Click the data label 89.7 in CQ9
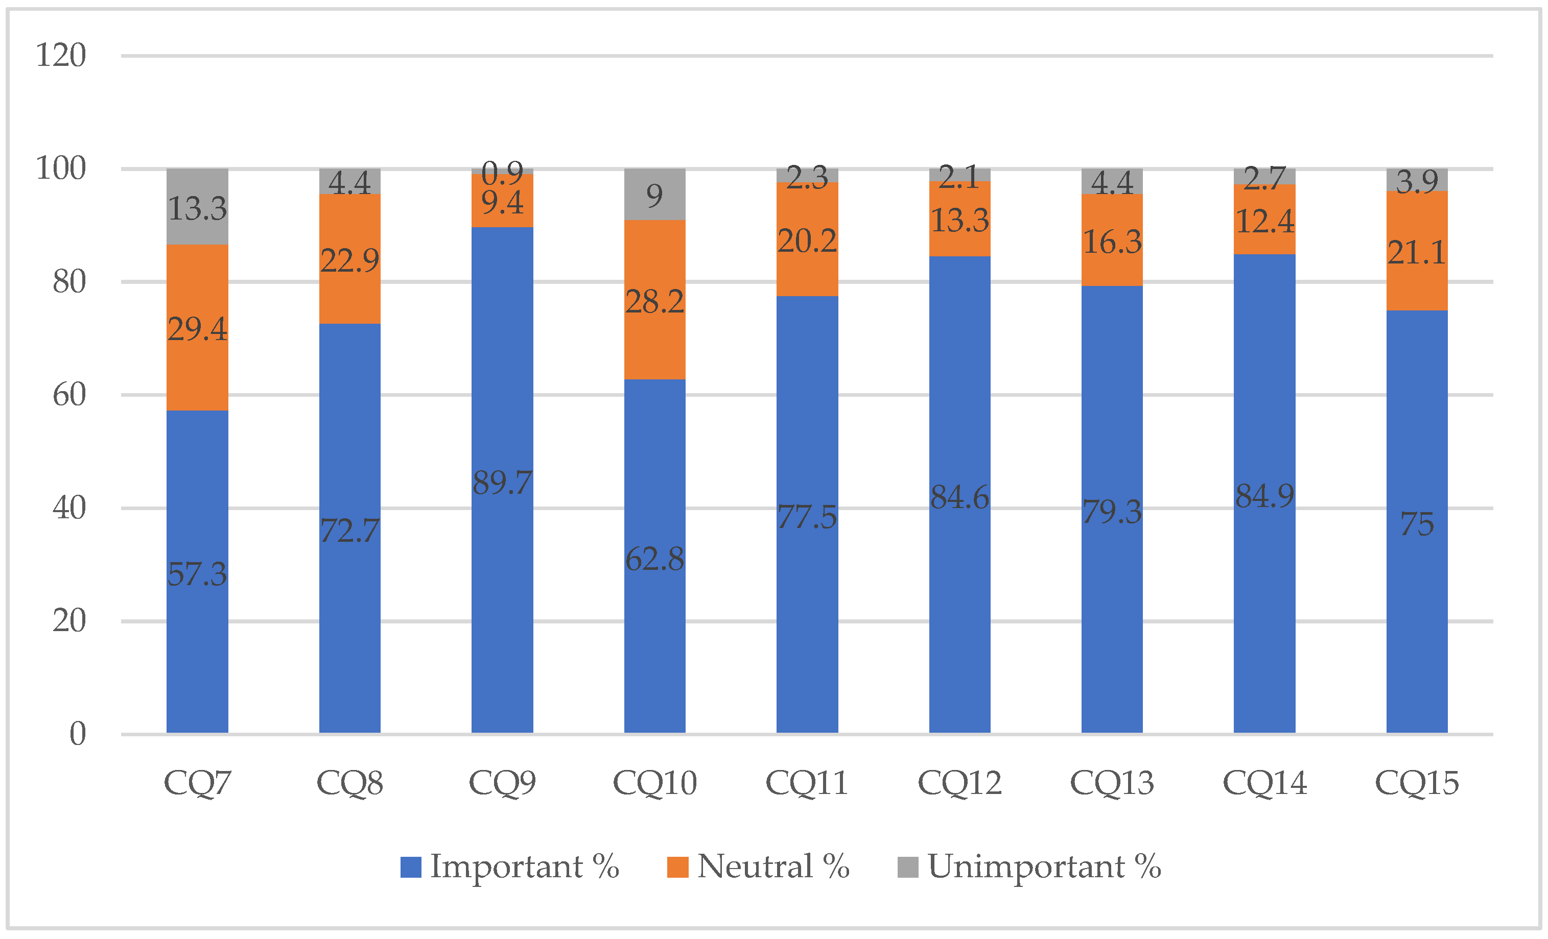pos(502,483)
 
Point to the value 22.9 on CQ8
pos(350,260)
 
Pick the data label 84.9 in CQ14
pos(1264,496)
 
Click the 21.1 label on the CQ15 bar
pos(1417,253)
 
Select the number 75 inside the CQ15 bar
pos(1417,524)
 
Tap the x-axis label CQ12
pos(959,783)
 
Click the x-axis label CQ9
pos(502,783)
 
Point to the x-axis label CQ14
pos(1264,783)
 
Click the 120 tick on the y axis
pos(60,55)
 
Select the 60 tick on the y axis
pos(69,395)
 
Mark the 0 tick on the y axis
pos(77,734)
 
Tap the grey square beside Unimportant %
pos(907,868)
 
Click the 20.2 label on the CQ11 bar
pos(807,241)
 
